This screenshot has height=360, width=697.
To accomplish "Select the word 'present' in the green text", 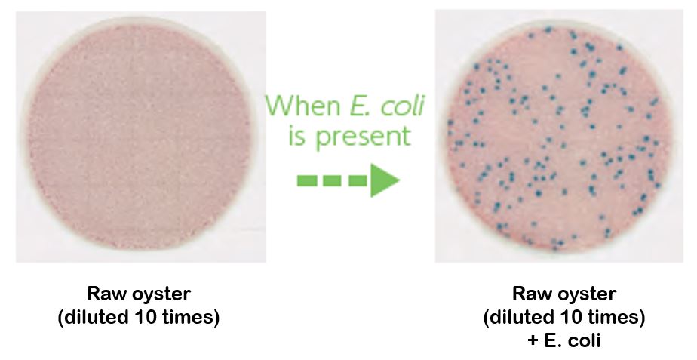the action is point(363,137).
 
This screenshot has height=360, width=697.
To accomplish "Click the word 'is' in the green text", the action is point(296,136).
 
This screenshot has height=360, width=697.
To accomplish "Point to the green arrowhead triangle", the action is point(385,180).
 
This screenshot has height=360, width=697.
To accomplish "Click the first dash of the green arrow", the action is point(307,180).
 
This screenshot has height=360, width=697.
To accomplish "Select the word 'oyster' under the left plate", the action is point(161,296).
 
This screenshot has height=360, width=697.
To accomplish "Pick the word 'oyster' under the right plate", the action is point(586,296).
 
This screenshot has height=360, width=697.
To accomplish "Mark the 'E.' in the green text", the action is point(360,106).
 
